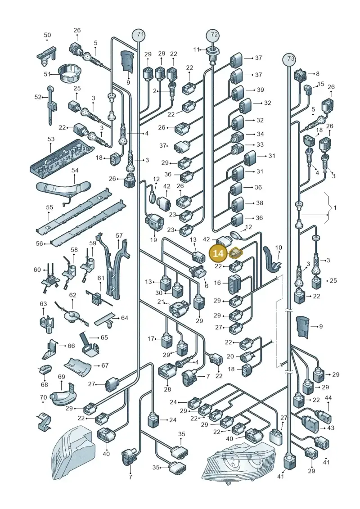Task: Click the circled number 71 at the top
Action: click(x=139, y=34)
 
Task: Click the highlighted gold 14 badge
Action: click(x=218, y=253)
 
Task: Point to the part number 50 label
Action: click(x=47, y=35)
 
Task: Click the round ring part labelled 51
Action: click(x=68, y=74)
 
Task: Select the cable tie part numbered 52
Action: click(x=51, y=104)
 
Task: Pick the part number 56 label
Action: click(x=40, y=243)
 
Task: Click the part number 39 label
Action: click(x=261, y=90)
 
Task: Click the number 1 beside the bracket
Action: click(x=335, y=207)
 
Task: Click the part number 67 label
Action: click(x=105, y=365)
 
